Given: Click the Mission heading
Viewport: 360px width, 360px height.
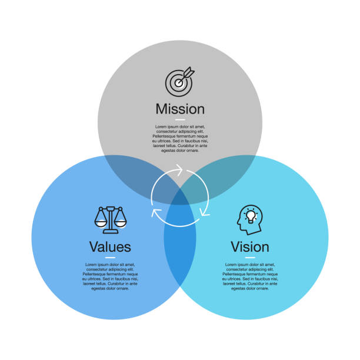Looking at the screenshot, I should (180, 109).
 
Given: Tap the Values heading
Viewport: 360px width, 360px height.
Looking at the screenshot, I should (110, 246).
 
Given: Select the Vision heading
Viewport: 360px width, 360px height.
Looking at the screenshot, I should (250, 246).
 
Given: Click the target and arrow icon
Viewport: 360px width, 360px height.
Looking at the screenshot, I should (179, 82).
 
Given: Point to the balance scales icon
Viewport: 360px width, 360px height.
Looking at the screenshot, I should (110, 219).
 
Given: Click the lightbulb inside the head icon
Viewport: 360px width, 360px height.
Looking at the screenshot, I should (252, 216).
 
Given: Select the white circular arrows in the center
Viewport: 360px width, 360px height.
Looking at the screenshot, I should (180, 196).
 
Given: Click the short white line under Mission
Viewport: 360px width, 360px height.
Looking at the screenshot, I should (180, 119).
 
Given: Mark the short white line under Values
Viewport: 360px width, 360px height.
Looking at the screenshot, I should (110, 257).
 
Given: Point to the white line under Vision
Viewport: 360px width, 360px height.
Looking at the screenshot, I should (250, 257).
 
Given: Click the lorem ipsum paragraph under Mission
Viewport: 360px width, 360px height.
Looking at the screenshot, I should (180, 138).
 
